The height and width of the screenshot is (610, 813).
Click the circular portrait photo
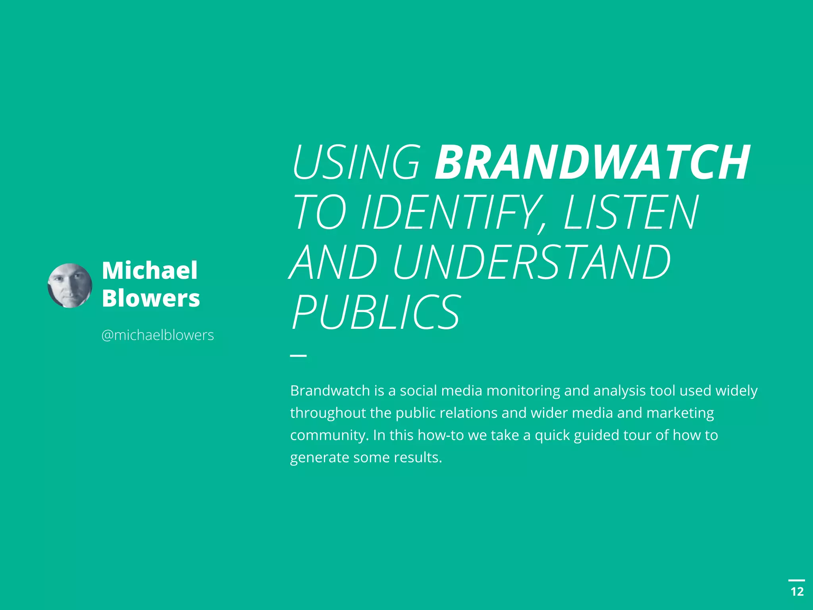tap(70, 286)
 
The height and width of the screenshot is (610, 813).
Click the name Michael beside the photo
tap(150, 270)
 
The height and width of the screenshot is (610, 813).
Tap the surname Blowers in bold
tap(151, 298)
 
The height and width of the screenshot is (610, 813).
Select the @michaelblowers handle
tap(158, 335)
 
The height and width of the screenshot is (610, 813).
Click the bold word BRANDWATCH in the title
tap(592, 162)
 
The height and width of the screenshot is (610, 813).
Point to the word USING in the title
tap(356, 162)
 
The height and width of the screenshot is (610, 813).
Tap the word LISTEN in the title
tap(631, 212)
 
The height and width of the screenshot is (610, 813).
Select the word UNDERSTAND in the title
tap(532, 262)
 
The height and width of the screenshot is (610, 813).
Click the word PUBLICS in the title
tap(376, 312)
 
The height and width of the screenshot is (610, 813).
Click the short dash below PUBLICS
tap(298, 355)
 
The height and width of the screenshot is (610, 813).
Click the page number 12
tap(797, 592)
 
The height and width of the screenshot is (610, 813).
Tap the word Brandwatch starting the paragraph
tap(330, 391)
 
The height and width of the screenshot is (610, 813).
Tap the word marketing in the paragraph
tap(680, 413)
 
